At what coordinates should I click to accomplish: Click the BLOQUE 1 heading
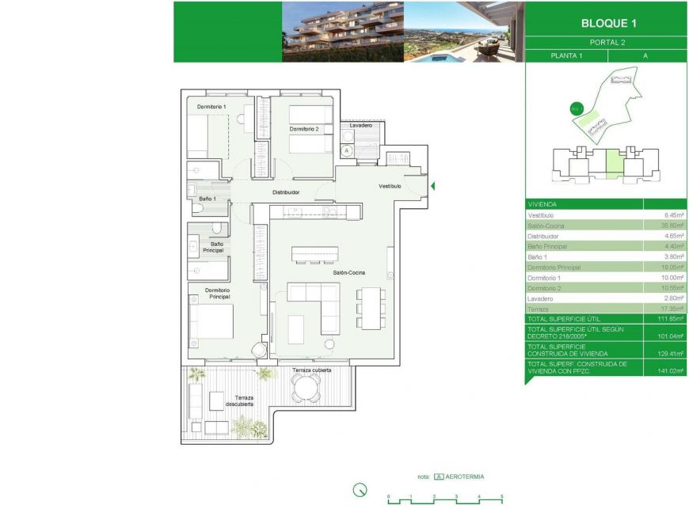click(x=607, y=23)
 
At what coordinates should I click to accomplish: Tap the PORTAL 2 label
click(x=607, y=42)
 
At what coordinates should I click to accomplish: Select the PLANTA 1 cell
click(x=566, y=55)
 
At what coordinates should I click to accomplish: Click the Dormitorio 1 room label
click(x=211, y=107)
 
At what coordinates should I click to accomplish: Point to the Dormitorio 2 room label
click(x=304, y=129)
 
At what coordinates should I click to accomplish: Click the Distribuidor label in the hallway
click(x=286, y=192)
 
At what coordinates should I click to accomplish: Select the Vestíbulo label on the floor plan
click(x=389, y=186)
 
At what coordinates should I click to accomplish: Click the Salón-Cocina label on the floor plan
click(x=349, y=272)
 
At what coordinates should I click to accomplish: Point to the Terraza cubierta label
click(x=311, y=370)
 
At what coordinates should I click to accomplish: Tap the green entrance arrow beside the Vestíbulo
click(x=432, y=187)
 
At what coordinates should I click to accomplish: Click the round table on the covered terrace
click(x=305, y=388)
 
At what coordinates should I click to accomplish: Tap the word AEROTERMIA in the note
click(x=465, y=477)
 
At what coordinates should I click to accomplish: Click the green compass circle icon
click(x=360, y=490)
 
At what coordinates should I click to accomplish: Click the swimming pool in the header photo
click(x=437, y=58)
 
